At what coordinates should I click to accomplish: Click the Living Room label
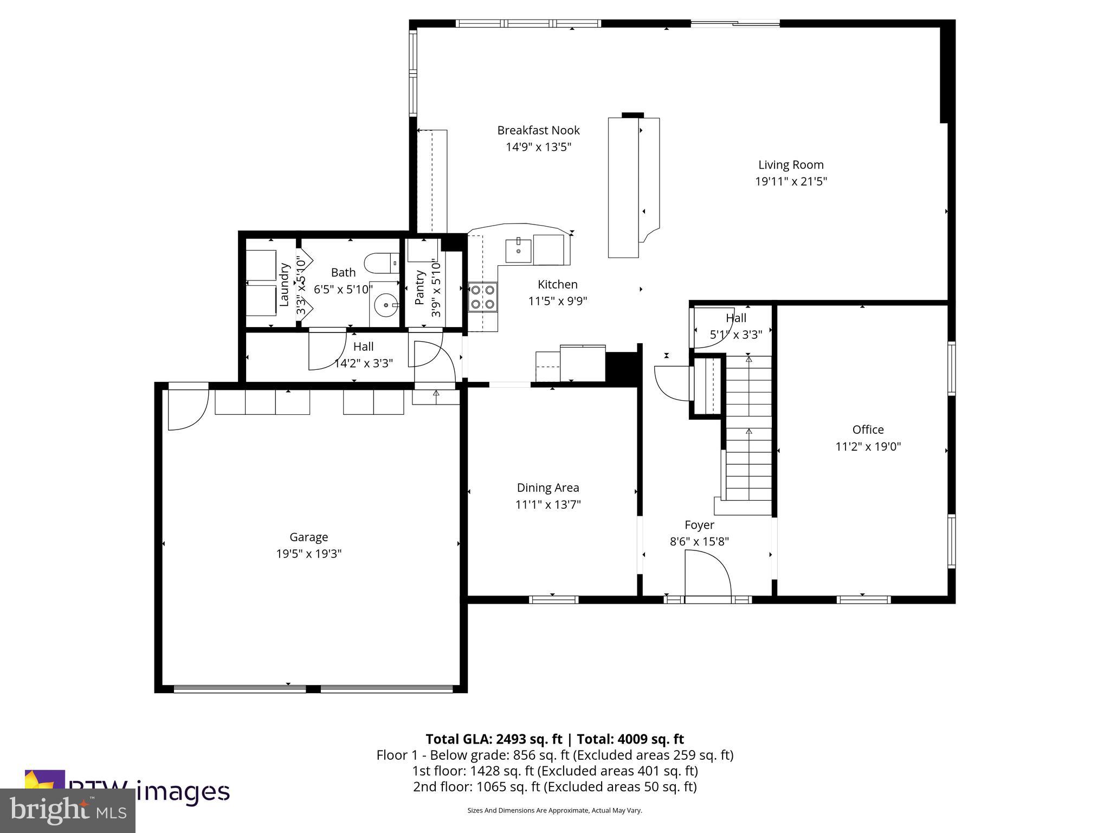click(x=790, y=165)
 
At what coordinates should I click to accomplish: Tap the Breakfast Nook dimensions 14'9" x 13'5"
click(x=538, y=147)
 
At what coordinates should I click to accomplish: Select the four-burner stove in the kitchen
click(x=483, y=297)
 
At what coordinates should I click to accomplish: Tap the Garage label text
click(x=308, y=537)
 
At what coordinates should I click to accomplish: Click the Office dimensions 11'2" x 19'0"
click(x=868, y=446)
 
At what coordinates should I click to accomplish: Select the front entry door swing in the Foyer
click(x=707, y=574)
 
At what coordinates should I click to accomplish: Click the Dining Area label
click(x=547, y=488)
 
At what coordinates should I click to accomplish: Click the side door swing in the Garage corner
click(x=187, y=407)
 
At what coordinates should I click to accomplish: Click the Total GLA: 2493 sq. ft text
click(x=494, y=739)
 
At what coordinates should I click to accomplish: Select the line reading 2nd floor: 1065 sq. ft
click(x=554, y=786)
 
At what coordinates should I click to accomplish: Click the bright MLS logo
click(x=67, y=810)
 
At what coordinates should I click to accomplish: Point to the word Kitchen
click(x=557, y=284)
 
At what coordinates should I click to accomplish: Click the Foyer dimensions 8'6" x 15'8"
click(x=699, y=541)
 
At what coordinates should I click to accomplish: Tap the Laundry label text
click(x=284, y=285)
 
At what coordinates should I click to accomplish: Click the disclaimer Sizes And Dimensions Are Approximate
click(x=554, y=810)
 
